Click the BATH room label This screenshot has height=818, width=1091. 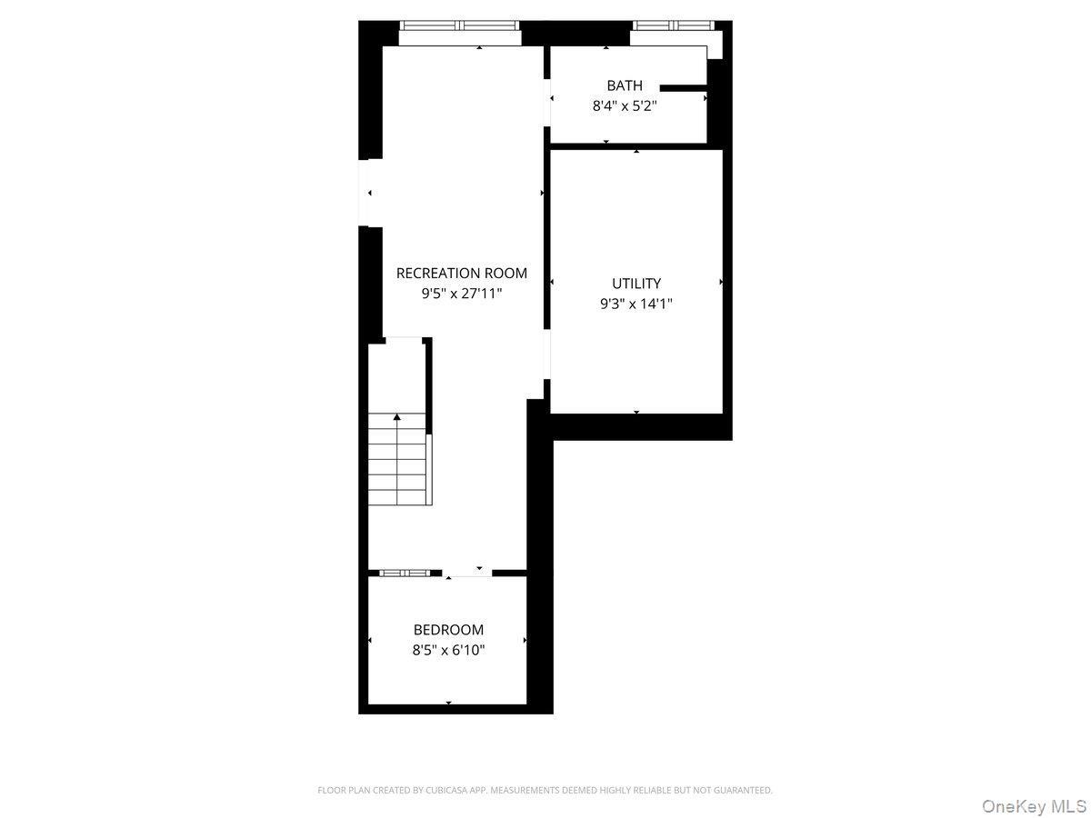(x=625, y=85)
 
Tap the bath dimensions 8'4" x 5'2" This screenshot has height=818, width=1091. (x=625, y=105)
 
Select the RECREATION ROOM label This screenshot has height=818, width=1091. (x=461, y=273)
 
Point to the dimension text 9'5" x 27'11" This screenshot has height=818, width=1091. (x=461, y=294)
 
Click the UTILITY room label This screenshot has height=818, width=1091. (x=636, y=284)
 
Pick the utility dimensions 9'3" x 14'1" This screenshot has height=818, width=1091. (x=636, y=304)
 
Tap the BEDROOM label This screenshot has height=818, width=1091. (x=448, y=630)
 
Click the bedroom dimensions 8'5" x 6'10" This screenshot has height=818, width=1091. (x=448, y=651)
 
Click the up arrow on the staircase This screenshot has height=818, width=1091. (x=396, y=417)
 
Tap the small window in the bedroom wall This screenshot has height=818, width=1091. (x=404, y=573)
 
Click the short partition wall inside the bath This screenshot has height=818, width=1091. (x=683, y=88)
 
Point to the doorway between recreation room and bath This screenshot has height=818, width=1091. (x=546, y=98)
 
